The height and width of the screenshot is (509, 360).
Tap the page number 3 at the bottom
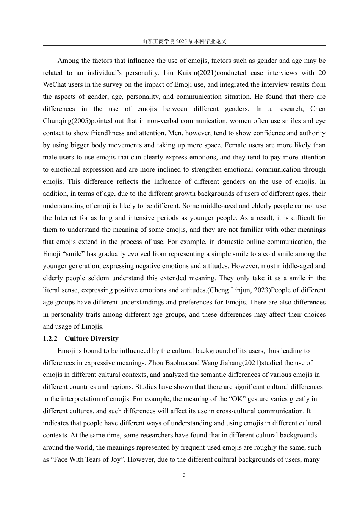pyautogui.click(x=184, y=475)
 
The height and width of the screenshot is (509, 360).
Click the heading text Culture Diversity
pyautogui.click(x=91, y=339)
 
